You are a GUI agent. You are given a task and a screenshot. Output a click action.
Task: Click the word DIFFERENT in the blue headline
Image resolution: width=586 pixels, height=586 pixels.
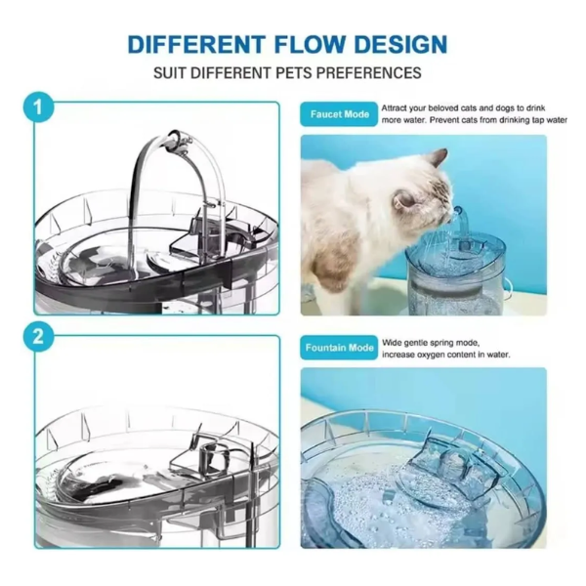click(196, 44)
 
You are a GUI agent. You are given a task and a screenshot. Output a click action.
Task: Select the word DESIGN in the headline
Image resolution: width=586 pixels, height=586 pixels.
click(399, 44)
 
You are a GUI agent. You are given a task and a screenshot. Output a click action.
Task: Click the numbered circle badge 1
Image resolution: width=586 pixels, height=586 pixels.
click(38, 108)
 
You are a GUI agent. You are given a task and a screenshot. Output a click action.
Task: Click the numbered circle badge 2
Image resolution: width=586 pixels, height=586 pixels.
click(38, 337)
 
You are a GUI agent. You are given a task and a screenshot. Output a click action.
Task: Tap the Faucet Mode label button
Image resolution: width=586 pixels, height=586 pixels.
click(339, 114)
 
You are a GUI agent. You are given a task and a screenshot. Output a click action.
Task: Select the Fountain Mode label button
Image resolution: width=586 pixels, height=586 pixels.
click(339, 348)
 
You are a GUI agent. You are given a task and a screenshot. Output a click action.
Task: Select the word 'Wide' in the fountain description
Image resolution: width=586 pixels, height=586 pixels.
click(391, 343)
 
